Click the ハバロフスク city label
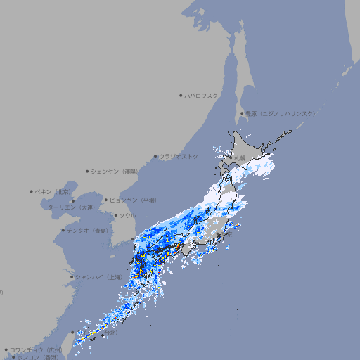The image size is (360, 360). pyautogui.click(x=202, y=95)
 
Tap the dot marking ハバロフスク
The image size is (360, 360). pyautogui.click(x=181, y=95)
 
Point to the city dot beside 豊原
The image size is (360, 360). pyautogui.click(x=242, y=113)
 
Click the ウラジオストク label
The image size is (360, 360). pyautogui.click(x=179, y=156)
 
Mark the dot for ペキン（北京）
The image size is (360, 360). pyautogui.click(x=32, y=191)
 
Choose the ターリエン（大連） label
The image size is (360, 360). pyautogui.click(x=72, y=207)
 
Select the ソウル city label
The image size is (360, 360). pyautogui.click(x=127, y=215)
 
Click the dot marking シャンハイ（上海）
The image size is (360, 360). pyautogui.click(x=72, y=277)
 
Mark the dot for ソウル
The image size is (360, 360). pyautogui.click(x=115, y=215)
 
